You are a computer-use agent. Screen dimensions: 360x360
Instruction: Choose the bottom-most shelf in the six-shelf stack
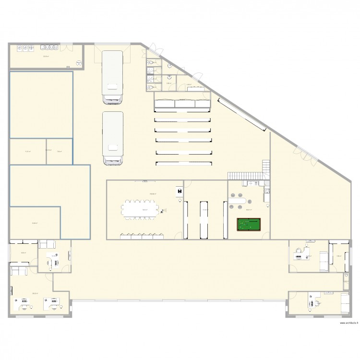(x=183, y=164)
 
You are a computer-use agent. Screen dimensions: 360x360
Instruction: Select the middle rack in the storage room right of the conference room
(x=204, y=219)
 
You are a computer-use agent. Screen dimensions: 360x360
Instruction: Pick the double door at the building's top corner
(x=153, y=50)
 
